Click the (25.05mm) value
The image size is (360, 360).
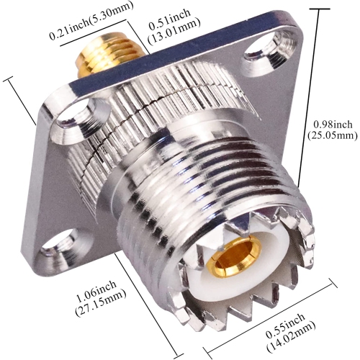click(x=332, y=135)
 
